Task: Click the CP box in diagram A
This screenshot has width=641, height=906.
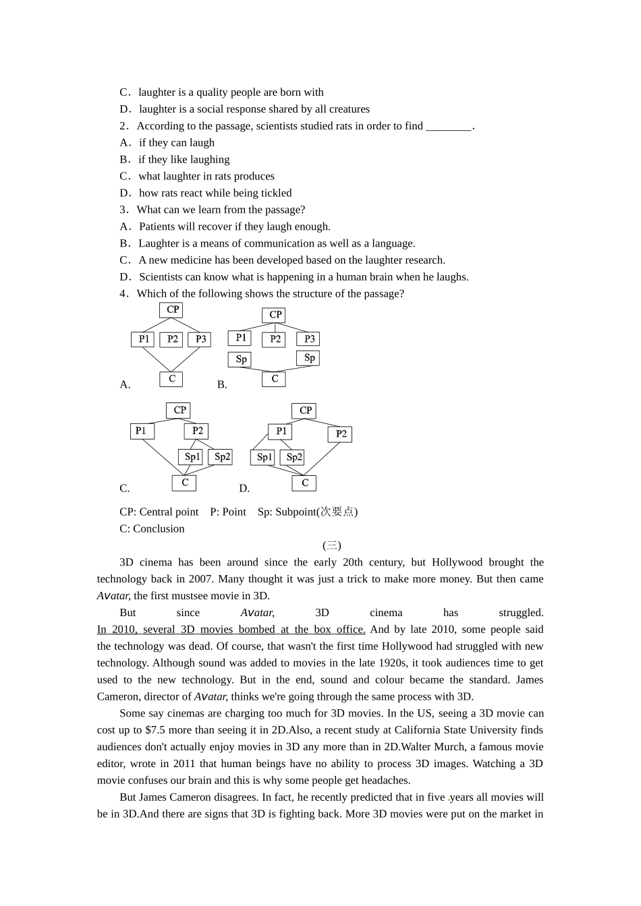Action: click(172, 309)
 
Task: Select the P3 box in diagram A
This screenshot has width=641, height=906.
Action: click(200, 339)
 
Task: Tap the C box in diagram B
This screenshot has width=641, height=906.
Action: click(274, 379)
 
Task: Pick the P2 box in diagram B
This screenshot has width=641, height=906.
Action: click(275, 339)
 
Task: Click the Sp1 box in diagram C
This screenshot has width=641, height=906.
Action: click(192, 457)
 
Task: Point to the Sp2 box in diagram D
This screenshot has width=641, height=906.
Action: click(294, 457)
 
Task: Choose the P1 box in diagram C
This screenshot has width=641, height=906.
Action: click(141, 431)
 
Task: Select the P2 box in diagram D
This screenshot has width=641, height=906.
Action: click(341, 434)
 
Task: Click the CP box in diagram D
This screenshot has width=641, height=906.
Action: click(305, 411)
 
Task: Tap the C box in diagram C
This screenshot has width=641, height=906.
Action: click(184, 483)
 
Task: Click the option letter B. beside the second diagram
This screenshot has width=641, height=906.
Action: click(222, 385)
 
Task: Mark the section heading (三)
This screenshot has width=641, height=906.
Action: click(332, 545)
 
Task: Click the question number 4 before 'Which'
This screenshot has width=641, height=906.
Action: click(123, 294)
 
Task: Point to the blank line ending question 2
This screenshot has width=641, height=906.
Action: click(449, 126)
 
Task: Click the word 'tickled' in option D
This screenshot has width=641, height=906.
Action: click(276, 193)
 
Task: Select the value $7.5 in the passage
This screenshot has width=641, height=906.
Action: click(157, 730)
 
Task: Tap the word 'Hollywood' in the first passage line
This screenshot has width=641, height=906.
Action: click(457, 562)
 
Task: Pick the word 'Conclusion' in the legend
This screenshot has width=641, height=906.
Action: click(159, 529)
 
